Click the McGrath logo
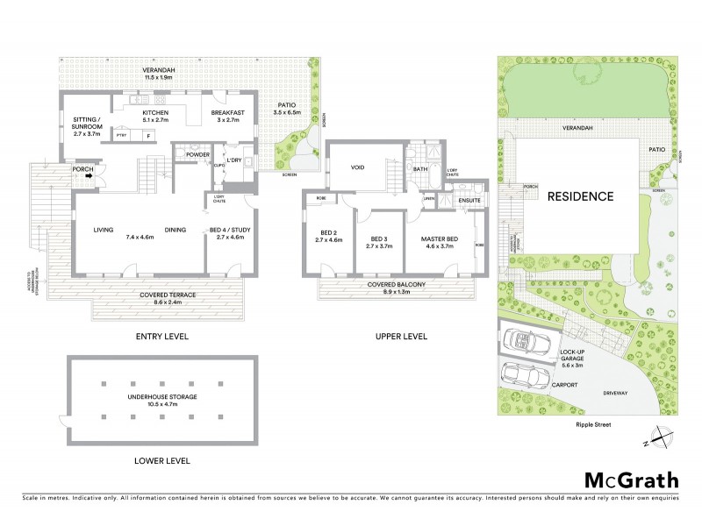tap(631, 480)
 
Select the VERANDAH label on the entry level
tap(164, 70)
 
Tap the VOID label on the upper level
tap(357, 167)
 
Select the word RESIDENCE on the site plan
tap(580, 195)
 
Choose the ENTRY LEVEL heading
tap(161, 337)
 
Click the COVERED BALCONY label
tap(398, 286)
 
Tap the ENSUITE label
tap(470, 201)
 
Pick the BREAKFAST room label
tap(227, 113)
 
